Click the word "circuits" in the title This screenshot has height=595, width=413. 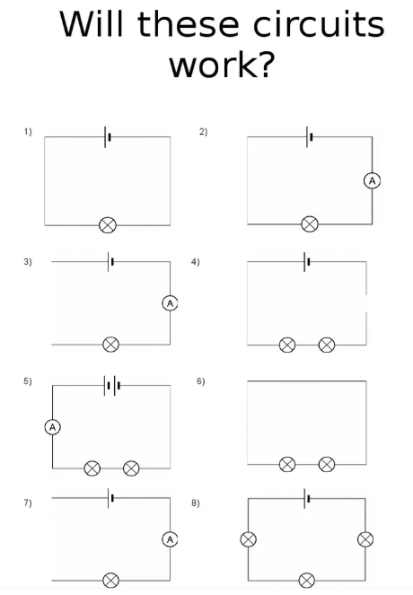point(319,24)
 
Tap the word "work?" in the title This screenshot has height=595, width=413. point(222,65)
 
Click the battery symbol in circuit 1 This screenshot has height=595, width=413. point(108,137)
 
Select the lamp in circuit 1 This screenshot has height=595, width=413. point(108,225)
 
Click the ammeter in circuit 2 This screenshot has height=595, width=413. point(372,181)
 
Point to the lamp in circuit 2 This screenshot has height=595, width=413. point(310,223)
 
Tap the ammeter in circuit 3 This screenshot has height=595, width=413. point(170,303)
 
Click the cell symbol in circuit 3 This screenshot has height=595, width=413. point(110,261)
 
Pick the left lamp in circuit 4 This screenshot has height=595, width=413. point(287,345)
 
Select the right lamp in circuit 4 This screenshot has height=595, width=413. point(327,345)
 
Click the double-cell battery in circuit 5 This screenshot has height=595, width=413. point(112,386)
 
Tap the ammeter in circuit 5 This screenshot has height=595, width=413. point(53,427)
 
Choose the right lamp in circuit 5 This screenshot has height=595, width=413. point(131,468)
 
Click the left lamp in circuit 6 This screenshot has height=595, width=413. point(287,464)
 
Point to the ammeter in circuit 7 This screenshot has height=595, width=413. point(170,539)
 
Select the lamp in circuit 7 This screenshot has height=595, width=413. point(110,581)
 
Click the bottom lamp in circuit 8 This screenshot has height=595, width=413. point(307,581)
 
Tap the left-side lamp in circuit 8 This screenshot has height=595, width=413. point(249,539)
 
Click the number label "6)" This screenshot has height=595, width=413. point(201,381)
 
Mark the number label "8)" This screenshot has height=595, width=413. point(196,503)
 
